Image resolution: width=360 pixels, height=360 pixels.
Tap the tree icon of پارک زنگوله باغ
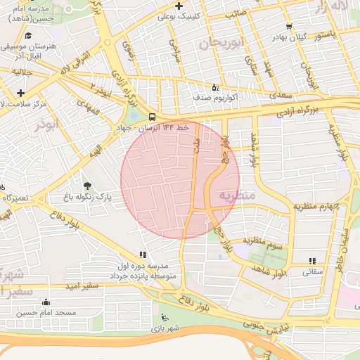(87, 186)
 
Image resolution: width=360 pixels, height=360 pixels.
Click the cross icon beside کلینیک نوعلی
(179, 6)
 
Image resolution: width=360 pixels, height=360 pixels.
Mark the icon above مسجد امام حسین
(46, 302)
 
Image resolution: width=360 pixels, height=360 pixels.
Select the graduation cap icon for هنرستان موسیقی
(28, 34)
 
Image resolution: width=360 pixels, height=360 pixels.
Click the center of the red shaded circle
(180, 180)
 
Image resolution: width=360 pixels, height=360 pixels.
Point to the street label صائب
(236, 12)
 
